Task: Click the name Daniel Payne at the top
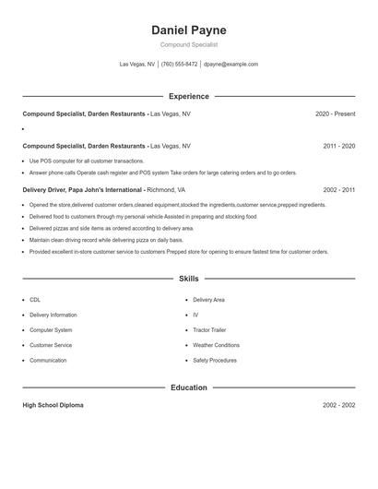(x=188, y=30)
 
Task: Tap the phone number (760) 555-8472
(x=179, y=65)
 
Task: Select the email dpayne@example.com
(x=230, y=65)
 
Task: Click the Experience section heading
(x=188, y=96)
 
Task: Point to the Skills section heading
(x=188, y=278)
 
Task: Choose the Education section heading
(x=188, y=388)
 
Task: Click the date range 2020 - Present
(x=335, y=113)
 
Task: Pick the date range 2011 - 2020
(x=339, y=146)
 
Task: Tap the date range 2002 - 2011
(x=339, y=189)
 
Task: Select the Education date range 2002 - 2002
(x=339, y=405)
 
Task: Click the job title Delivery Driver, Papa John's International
(x=83, y=189)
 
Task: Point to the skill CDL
(x=35, y=300)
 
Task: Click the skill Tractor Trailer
(x=209, y=329)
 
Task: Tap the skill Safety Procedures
(x=214, y=360)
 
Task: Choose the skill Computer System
(x=51, y=329)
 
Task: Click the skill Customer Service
(x=51, y=345)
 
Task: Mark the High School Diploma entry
(x=53, y=405)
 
